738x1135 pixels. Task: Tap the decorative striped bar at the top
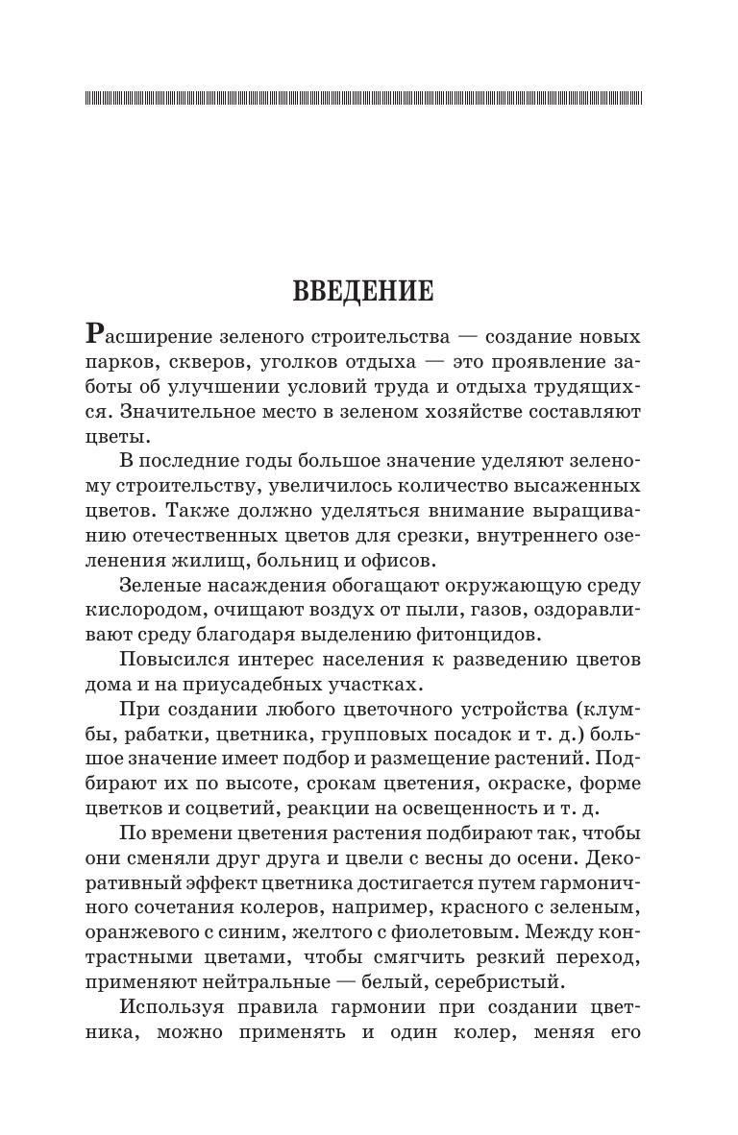click(363, 98)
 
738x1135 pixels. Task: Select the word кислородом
click(145, 610)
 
